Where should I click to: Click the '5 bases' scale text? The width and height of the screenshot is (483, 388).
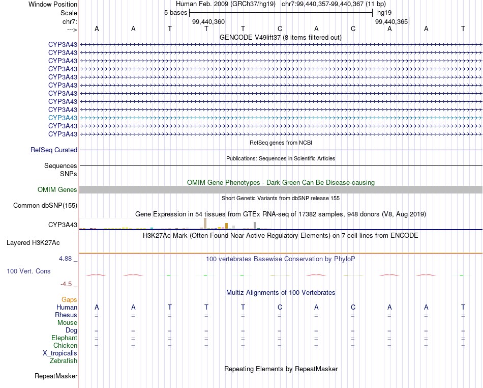175,13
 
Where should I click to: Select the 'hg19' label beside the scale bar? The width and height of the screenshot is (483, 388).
384,13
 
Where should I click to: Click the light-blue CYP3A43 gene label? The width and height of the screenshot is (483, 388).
63,118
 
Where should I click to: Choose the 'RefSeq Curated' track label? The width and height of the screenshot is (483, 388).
54,150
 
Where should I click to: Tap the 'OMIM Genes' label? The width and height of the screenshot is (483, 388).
57,190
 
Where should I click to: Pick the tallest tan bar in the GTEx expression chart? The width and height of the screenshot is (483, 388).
205,224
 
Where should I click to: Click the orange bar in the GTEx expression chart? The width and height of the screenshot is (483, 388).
226,226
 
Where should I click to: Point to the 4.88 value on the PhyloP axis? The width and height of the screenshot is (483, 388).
68,259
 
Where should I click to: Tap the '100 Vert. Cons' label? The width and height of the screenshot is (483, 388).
28,271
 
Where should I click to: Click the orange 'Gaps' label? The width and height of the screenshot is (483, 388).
69,300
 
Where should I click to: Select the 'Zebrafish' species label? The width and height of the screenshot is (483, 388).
64,361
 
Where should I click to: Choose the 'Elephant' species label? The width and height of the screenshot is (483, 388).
64,338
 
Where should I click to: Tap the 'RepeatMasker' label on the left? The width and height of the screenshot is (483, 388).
56,376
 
